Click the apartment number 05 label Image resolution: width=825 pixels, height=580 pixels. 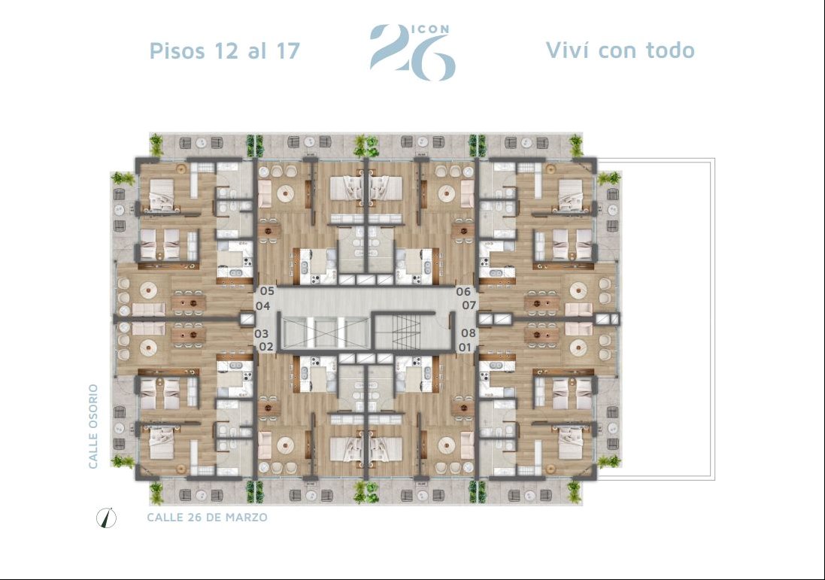point(267,290)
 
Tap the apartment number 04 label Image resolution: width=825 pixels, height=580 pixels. point(262,305)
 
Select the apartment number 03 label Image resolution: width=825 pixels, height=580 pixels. point(262,333)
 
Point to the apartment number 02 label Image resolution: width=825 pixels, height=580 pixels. point(266,347)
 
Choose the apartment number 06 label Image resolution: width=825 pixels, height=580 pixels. point(463,291)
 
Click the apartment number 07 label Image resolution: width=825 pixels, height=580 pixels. point(469,305)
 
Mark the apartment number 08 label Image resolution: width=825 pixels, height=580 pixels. point(469,333)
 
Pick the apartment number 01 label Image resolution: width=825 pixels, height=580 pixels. point(465,348)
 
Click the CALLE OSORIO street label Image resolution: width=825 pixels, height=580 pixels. point(93,427)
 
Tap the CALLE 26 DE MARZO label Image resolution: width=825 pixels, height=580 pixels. point(208,518)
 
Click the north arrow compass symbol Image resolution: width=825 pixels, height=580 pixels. point(107,518)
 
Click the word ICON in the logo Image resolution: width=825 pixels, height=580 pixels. point(430,29)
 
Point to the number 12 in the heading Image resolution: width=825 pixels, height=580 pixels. point(225,50)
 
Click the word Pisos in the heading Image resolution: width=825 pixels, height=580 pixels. point(177,50)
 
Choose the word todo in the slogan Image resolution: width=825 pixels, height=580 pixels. point(670,50)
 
